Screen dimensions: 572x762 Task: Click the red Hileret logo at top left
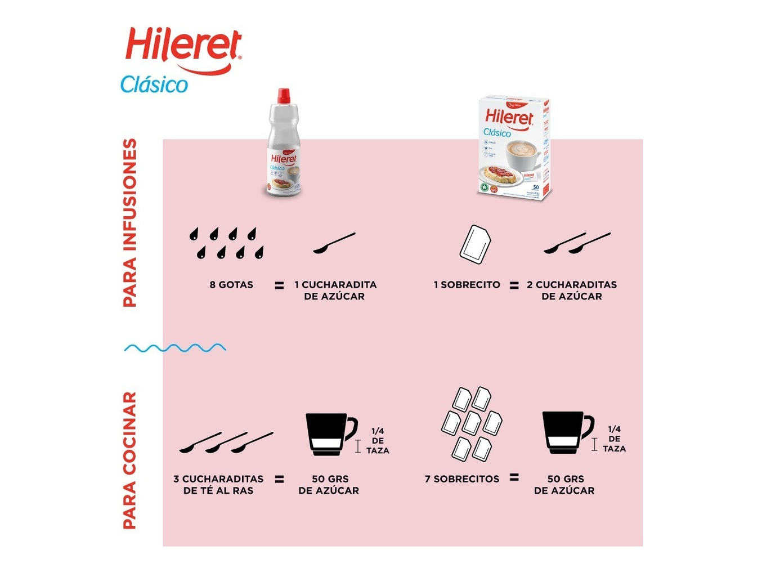point(183,48)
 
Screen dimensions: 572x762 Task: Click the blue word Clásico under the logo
point(154,84)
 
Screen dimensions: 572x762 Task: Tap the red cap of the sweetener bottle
point(284,95)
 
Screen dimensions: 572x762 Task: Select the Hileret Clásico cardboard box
point(513,148)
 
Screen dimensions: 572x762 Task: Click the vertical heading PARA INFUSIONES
point(130,222)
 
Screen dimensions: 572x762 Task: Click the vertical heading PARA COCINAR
point(130,461)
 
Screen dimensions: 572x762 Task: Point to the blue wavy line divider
point(175,348)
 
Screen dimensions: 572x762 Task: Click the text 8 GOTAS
point(231,285)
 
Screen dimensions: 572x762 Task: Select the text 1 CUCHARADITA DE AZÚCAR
point(335,291)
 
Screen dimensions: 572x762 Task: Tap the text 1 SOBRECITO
point(467,285)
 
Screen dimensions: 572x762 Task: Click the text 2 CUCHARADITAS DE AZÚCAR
point(572,291)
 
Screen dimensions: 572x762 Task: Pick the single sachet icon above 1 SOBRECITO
point(475,244)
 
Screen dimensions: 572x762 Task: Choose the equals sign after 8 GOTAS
point(279,285)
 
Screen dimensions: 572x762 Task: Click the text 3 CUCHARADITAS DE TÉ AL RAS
point(218,485)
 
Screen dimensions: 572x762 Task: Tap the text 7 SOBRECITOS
point(462,479)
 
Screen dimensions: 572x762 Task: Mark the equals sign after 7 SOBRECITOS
point(514,477)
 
